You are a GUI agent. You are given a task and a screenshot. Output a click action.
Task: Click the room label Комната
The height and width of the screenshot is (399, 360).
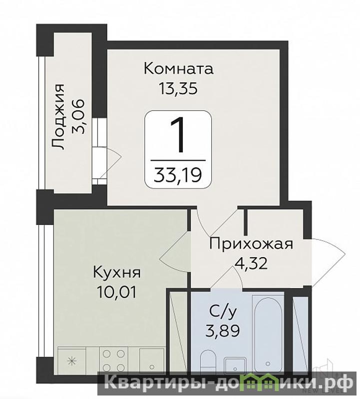pyautogui.click(x=179, y=69)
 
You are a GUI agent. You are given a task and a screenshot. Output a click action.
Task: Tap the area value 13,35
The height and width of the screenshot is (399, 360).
pyautogui.click(x=178, y=89)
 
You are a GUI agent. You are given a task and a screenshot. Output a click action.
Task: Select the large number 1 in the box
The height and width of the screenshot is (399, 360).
pyautogui.click(x=178, y=135)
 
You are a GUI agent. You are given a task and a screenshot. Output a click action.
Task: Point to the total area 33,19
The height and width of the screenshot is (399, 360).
pyautogui.click(x=178, y=175)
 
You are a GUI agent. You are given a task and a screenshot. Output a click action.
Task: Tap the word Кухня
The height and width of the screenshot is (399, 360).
pyautogui.click(x=117, y=273)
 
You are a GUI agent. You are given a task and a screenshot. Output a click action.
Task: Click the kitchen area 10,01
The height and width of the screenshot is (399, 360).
pyautogui.click(x=117, y=292)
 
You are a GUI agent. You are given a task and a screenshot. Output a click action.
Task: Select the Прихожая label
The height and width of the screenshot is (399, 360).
pyautogui.click(x=251, y=244)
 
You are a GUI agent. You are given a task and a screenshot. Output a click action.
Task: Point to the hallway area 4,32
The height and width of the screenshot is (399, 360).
pyautogui.click(x=251, y=264)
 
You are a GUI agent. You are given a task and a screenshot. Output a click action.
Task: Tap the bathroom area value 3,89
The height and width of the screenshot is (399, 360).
pyautogui.click(x=222, y=331)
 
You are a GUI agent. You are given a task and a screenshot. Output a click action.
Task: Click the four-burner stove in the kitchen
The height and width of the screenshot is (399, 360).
pyautogui.click(x=114, y=361)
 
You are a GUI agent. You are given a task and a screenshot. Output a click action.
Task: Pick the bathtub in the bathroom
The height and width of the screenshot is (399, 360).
pyautogui.click(x=268, y=334)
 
